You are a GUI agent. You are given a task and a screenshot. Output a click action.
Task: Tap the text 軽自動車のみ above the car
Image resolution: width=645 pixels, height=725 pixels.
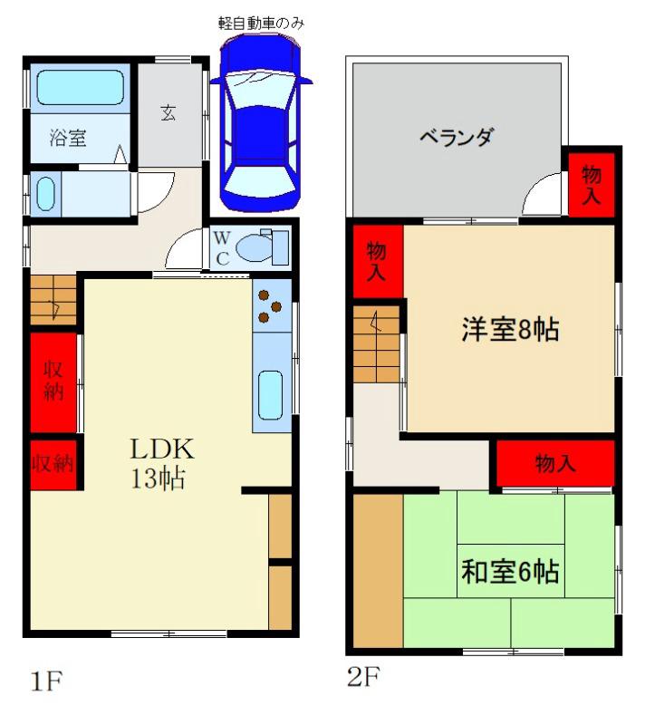(x=261, y=23)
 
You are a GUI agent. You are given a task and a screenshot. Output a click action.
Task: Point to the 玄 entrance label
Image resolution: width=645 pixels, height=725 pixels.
(x=169, y=113)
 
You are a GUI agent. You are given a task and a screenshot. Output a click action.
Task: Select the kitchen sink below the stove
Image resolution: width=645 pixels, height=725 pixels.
(x=271, y=394)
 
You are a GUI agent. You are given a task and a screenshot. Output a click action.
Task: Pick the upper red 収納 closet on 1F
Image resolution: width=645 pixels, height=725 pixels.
(x=53, y=382)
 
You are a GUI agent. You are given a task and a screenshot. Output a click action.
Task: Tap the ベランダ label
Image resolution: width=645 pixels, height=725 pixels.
(x=457, y=138)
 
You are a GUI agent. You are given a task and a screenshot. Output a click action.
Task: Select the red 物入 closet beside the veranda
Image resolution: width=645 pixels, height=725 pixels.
(x=592, y=184)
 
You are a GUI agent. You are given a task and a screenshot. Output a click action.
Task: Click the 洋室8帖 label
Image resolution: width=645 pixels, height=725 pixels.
(x=510, y=330)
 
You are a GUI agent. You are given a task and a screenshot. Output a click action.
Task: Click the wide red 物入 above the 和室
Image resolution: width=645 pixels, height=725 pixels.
(x=554, y=464)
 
